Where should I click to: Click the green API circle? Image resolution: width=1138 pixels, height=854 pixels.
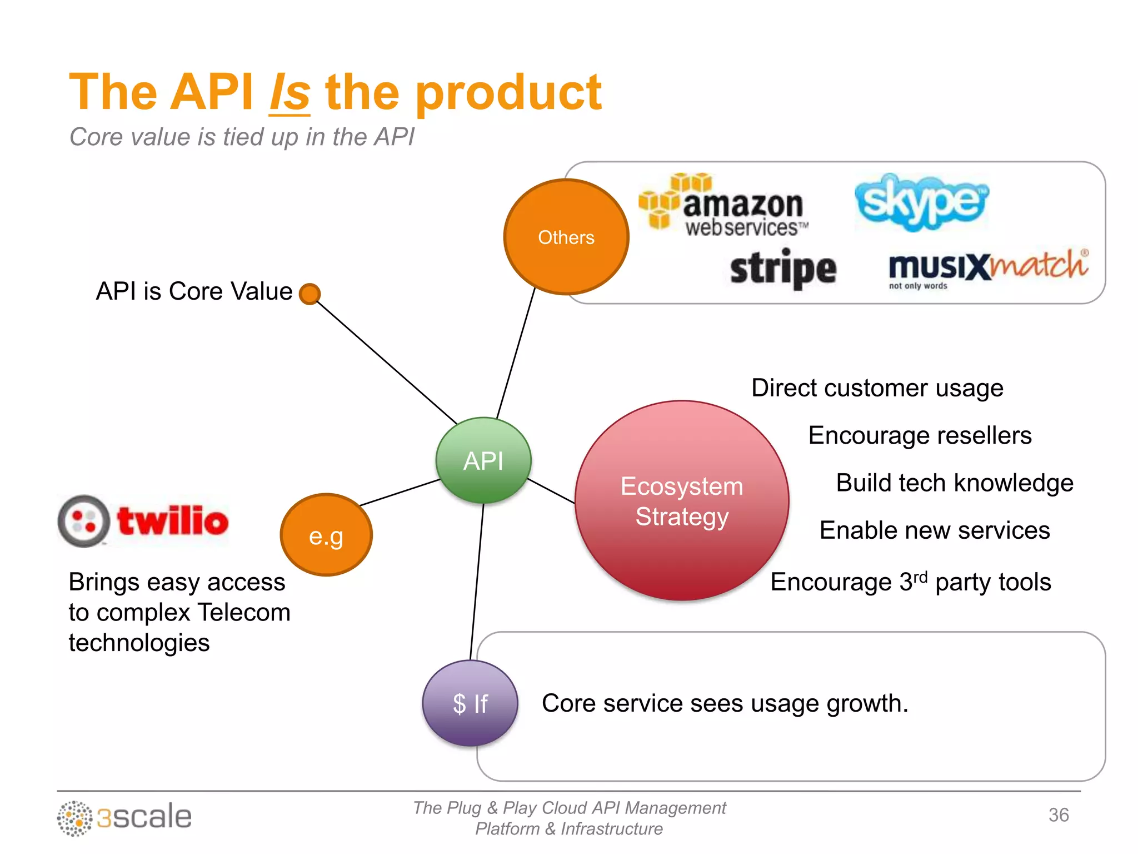click(x=483, y=460)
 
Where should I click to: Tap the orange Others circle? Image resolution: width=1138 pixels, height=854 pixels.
click(x=566, y=237)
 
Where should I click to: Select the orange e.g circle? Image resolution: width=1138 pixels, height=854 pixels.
click(x=326, y=535)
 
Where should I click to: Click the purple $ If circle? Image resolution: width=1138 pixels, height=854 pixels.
click(x=470, y=703)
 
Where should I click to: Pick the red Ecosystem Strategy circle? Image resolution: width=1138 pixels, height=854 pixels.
click(x=682, y=500)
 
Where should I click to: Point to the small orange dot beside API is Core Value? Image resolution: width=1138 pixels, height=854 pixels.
click(x=310, y=294)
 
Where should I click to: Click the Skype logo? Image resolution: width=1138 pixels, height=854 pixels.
click(x=921, y=202)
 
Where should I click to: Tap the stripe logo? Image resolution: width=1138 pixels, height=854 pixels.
click(x=783, y=269)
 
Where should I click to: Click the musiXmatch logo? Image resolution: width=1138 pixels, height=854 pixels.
click(x=987, y=268)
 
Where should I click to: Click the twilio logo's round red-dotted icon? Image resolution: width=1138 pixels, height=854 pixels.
click(x=84, y=521)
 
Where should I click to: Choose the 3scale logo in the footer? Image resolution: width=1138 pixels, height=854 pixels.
click(x=124, y=817)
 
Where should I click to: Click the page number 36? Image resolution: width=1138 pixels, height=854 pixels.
click(x=1058, y=815)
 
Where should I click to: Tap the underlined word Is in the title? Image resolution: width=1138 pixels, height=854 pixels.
click(x=290, y=93)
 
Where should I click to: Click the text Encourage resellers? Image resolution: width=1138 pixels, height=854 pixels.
click(x=920, y=435)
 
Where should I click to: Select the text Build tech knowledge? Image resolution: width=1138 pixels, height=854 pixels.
click(x=954, y=483)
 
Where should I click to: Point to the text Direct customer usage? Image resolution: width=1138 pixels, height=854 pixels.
click(x=877, y=388)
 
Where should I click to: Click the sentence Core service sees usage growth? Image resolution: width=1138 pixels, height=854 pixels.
click(x=725, y=703)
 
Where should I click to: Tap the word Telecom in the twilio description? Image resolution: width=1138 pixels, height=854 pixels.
click(x=244, y=613)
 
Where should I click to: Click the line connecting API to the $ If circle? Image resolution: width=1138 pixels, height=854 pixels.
click(x=477, y=581)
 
